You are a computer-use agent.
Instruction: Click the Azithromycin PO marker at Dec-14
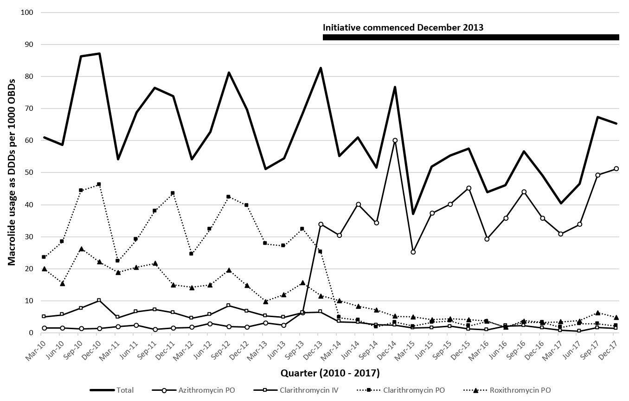click(395, 140)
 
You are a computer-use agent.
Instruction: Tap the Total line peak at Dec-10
click(99, 54)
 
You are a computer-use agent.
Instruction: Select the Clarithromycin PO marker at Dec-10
click(99, 185)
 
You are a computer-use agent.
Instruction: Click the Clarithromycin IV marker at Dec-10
click(99, 300)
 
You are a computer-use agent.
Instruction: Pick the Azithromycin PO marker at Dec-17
click(616, 169)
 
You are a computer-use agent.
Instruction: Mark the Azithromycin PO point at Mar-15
click(413, 252)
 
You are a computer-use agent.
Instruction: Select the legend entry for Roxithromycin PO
click(520, 390)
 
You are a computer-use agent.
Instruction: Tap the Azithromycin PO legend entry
click(207, 390)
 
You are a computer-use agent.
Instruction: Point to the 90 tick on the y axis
click(28, 45)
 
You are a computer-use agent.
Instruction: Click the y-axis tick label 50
click(28, 172)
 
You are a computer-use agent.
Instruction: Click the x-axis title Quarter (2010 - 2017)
click(330, 372)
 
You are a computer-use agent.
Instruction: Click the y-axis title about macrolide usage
click(11, 172)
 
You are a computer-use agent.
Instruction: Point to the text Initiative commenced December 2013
click(403, 27)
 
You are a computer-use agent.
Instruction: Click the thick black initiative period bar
click(471, 37)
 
